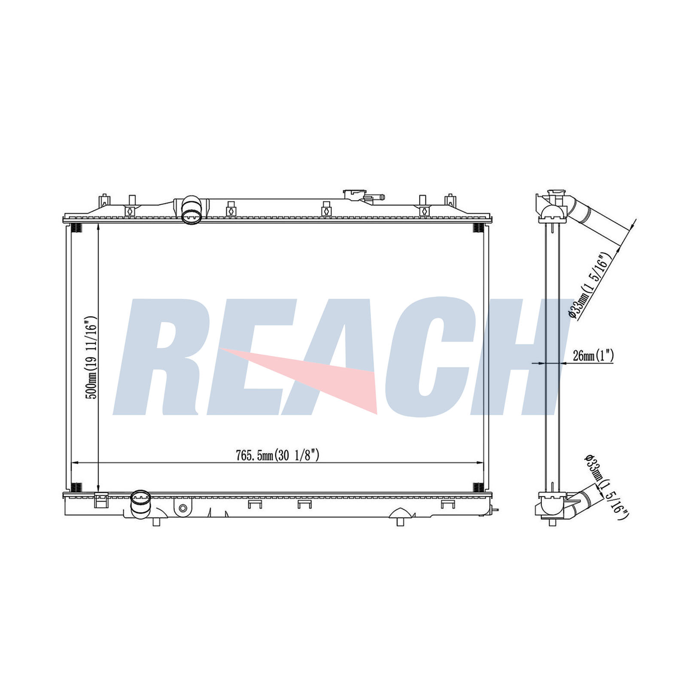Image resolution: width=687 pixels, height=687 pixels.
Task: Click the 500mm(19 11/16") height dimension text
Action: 91,358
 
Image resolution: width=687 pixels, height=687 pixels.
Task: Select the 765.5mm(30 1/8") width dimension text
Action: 277,455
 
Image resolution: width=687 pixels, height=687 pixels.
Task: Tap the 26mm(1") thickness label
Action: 593,356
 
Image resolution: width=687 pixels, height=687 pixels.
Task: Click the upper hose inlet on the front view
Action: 191,210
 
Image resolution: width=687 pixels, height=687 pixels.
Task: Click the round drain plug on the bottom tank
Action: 183,508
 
